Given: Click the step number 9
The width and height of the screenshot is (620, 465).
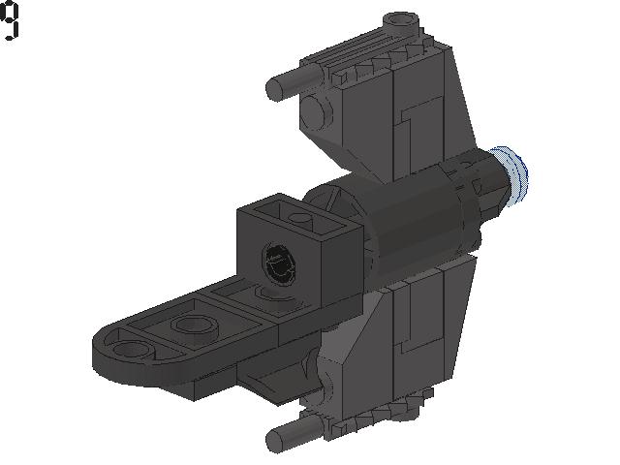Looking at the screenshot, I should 10,21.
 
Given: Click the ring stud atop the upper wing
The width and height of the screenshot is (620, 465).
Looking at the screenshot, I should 402,20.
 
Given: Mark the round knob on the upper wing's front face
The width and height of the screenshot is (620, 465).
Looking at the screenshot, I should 314,112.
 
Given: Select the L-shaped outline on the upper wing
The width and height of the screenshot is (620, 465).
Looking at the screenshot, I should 417,121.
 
